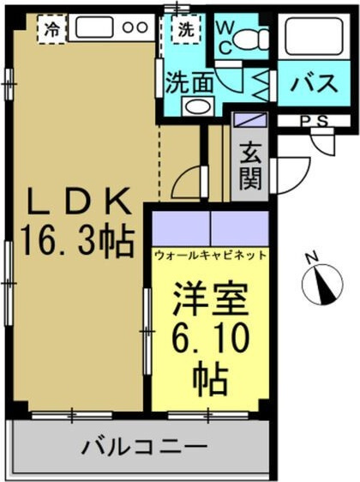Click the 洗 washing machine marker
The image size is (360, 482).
point(185,28)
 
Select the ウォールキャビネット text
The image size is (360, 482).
point(210,255)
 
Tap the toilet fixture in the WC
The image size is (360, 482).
point(249,38)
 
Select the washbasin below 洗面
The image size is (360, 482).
point(196,107)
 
